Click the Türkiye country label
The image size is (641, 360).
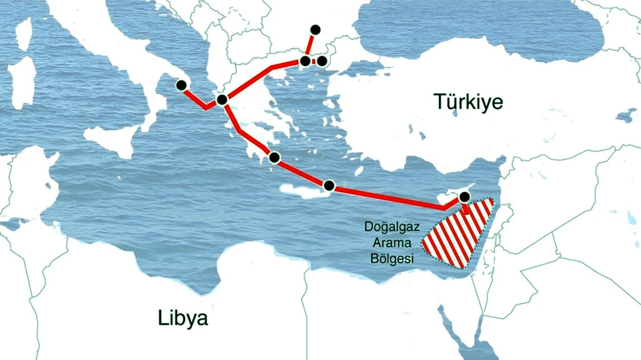coord(469,101)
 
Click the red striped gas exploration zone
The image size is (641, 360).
coord(460,235)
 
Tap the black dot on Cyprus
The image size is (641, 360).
coord(464,197)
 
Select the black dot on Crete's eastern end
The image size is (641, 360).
coord(329,185)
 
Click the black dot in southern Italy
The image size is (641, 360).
coord(182,85)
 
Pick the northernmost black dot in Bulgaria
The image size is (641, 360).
coord(315,29)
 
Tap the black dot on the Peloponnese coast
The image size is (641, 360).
coord(274,157)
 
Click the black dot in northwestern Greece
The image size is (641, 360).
coord(221,100)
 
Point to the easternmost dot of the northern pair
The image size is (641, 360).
coord(322,61)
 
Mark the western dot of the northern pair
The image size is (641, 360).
coord(305,61)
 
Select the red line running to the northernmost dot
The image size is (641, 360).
coord(310,45)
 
